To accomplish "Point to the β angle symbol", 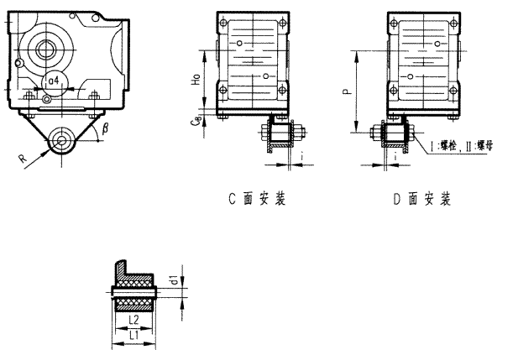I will click(x=105, y=129).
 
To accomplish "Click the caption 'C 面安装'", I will click(x=257, y=200).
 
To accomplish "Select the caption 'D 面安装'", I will click(x=422, y=200).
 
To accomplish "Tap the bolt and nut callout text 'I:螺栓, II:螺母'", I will click(x=461, y=145).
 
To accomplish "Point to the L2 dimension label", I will click(x=133, y=321).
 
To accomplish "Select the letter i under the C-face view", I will click(x=301, y=154).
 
